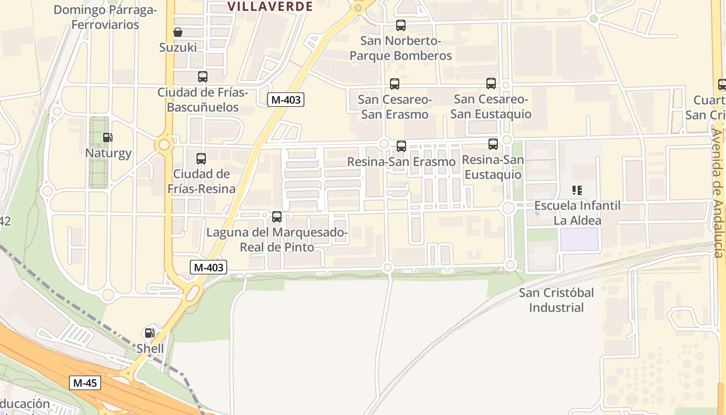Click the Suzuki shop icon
point(178,32)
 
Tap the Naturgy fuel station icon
point(108,137)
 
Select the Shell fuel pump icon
point(149,333)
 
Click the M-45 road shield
point(85,383)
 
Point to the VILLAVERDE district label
point(270,7)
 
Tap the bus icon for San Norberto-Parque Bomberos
point(400,25)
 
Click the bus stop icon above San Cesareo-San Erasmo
point(394,84)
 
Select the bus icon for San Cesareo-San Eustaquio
point(491,83)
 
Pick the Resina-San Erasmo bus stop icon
point(401,146)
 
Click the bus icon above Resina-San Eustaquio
point(493,144)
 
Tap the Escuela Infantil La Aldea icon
point(577,190)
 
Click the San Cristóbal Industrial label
point(556,300)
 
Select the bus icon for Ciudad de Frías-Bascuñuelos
point(202,77)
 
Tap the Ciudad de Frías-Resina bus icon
point(201,158)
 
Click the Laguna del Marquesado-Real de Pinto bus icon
point(276,217)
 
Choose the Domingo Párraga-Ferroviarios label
point(105,17)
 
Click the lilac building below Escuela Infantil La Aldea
point(580,239)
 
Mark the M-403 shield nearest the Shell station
point(208,267)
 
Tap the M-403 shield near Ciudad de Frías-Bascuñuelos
point(285,100)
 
